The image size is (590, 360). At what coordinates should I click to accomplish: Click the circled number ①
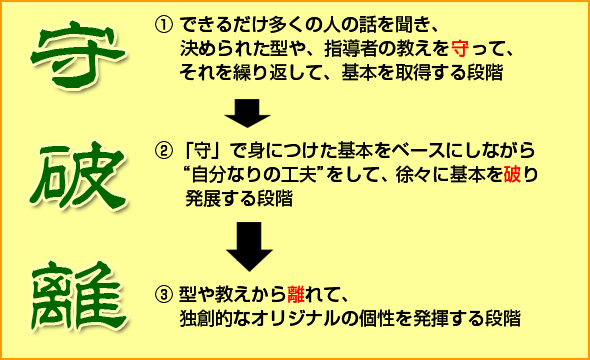[x=163, y=23]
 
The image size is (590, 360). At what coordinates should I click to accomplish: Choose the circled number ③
[x=163, y=298]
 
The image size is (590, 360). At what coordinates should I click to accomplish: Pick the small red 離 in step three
[x=295, y=298]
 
